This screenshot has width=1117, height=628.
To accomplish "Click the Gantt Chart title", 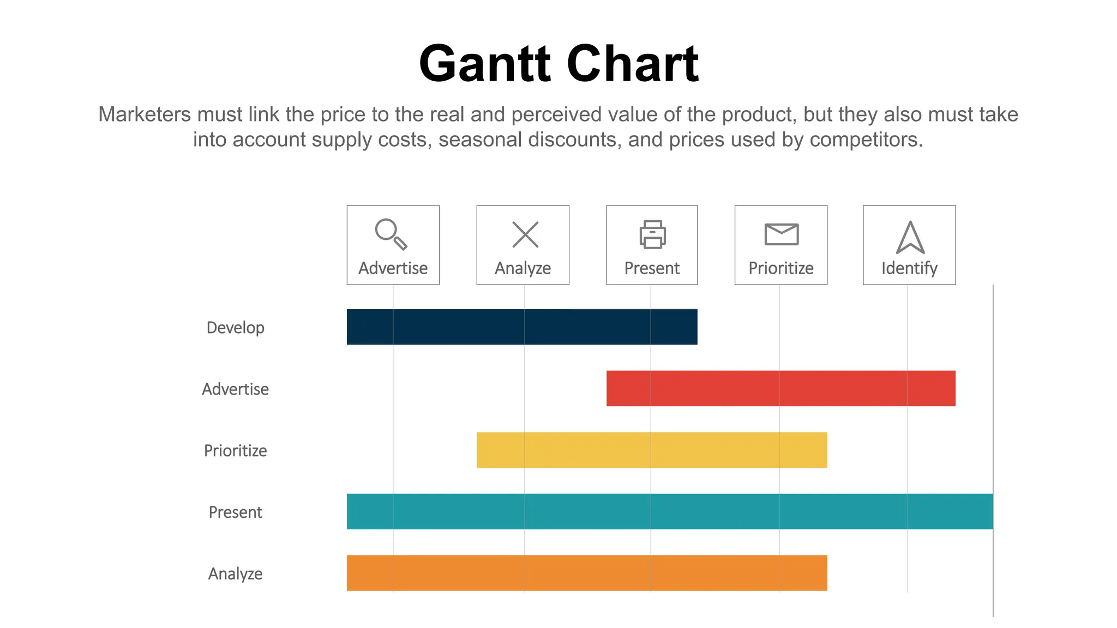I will pos(558,64).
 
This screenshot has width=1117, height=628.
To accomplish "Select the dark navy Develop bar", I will pos(522,327).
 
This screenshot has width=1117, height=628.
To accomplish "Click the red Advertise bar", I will pos(780,389).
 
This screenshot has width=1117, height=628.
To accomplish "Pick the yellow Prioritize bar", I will pos(652,450).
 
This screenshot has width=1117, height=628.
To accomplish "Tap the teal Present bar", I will pos(670,511).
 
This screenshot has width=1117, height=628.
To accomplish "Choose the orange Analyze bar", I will pos(587,573).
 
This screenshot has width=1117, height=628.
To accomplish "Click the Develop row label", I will pos(235,328).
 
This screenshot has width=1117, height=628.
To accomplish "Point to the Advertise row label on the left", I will pos(235,389).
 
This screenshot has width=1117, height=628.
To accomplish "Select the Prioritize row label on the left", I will pos(235,451).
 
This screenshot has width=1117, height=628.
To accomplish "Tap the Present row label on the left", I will pos(235,512).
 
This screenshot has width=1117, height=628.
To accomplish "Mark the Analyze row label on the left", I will pos(235,574).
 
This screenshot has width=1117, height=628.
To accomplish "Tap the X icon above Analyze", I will pos(525,234).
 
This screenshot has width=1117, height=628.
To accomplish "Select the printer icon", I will pos(652,234).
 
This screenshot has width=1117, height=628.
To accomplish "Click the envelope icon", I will pos(781,234).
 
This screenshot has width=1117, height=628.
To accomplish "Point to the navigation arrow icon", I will pos(910,238).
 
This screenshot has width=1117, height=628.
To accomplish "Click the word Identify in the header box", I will pos(909,268).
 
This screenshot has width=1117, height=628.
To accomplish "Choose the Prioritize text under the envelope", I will pos(780,268).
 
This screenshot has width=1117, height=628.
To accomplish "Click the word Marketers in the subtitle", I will pos(145,114).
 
